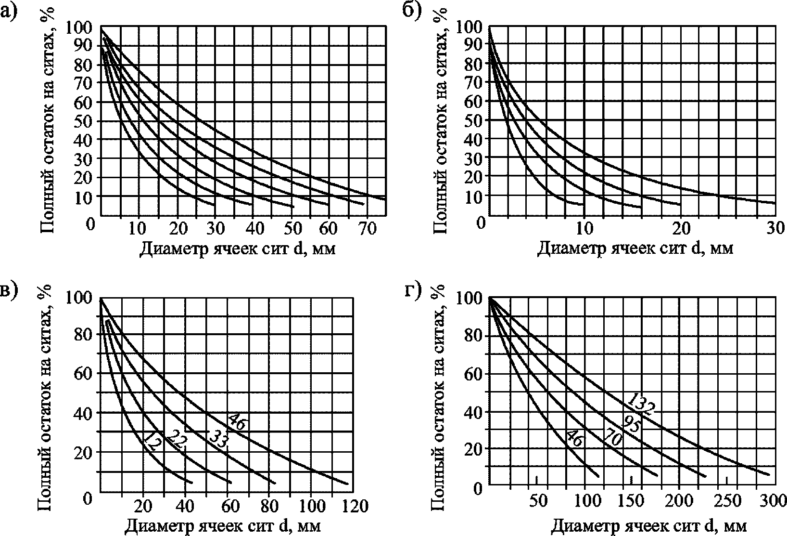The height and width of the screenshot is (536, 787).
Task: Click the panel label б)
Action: pyautogui.click(x=411, y=11)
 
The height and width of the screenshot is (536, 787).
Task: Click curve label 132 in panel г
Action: pyautogui.click(x=641, y=405)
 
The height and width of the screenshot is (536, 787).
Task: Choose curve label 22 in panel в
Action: pyautogui.click(x=176, y=439)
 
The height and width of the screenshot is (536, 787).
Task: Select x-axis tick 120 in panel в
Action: pyautogui.click(x=355, y=506)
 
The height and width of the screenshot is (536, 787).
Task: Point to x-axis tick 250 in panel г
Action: pyautogui.click(x=727, y=501)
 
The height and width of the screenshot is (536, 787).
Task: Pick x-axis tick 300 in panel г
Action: pyautogui.click(x=774, y=501)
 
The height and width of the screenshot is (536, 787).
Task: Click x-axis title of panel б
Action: pyautogui.click(x=635, y=248)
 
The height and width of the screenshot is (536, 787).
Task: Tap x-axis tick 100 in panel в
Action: pyautogui.click(x=311, y=506)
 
